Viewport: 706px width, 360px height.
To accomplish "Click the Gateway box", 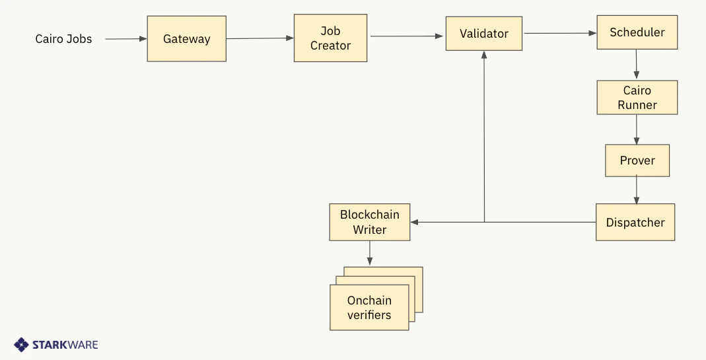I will point(186,39).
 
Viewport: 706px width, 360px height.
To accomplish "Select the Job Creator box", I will point(330,39).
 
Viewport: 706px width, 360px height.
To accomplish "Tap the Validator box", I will point(484,34).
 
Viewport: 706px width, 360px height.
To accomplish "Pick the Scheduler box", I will point(637,32).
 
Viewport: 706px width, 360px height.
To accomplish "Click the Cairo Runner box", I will point(637,98).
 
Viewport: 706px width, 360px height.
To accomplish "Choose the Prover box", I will point(637,161).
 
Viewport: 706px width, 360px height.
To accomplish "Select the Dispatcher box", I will point(635,223).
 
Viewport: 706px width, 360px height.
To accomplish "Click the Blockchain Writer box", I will point(369,223).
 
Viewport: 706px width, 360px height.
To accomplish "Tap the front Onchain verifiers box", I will point(369,308).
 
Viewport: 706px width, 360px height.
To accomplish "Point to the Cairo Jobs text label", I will point(63,39).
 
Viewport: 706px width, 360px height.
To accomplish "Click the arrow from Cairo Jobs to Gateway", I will point(125,39).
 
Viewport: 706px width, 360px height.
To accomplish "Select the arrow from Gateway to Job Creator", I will point(260,38).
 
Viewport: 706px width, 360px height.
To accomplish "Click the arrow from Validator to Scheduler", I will point(560,32).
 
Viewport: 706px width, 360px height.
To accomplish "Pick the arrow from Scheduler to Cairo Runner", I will point(637,65).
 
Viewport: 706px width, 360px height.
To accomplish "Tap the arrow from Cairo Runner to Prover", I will point(637,129).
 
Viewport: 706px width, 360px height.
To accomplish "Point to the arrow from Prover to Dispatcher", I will point(637,190).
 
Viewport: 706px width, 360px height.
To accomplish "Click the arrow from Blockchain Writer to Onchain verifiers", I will point(369,253).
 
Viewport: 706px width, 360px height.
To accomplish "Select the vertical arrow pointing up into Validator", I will point(484,132).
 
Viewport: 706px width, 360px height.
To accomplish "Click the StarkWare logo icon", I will point(22,345).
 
